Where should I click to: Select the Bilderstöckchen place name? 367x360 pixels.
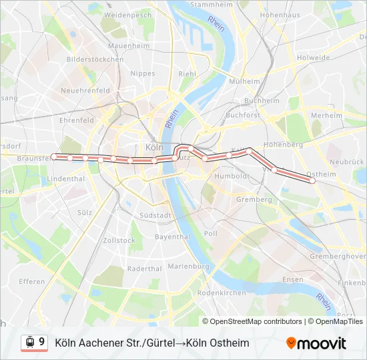[x=95, y=59]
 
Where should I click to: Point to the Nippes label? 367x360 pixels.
[x=143, y=73]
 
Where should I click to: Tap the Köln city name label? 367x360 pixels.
[x=154, y=147]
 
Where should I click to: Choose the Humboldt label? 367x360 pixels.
[x=231, y=177]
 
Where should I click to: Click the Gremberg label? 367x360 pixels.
[x=254, y=199]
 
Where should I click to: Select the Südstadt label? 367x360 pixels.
[x=155, y=215]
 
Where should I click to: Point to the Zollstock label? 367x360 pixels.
[x=119, y=240]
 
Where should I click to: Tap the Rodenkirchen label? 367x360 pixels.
[x=222, y=293]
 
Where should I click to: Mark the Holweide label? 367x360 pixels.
[x=314, y=58]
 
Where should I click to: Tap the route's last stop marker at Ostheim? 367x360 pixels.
[x=312, y=180]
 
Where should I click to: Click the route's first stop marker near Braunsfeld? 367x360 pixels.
[x=54, y=157]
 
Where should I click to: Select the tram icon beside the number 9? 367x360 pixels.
[x=30, y=343]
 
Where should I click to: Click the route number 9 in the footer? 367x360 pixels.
[x=42, y=342]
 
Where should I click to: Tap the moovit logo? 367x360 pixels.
[x=316, y=343]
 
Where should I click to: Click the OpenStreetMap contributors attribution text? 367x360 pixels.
[x=256, y=321]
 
